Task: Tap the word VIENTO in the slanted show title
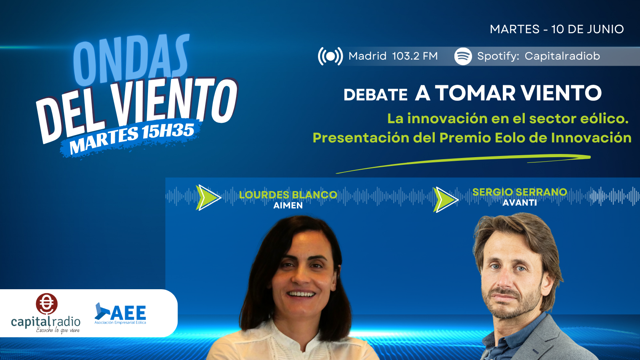point(174,102)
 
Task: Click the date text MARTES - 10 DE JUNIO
point(557,29)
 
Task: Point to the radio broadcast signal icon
point(330,56)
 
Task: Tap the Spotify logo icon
point(463,56)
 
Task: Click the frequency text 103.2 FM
point(415,56)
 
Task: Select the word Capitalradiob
point(562,56)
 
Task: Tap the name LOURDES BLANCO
point(288,195)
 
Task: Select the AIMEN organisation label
point(288,206)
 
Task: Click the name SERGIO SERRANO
point(520,192)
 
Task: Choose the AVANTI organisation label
point(520,202)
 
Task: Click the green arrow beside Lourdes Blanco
point(208,198)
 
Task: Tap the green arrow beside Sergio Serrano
point(446,200)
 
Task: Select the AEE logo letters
point(128,312)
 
